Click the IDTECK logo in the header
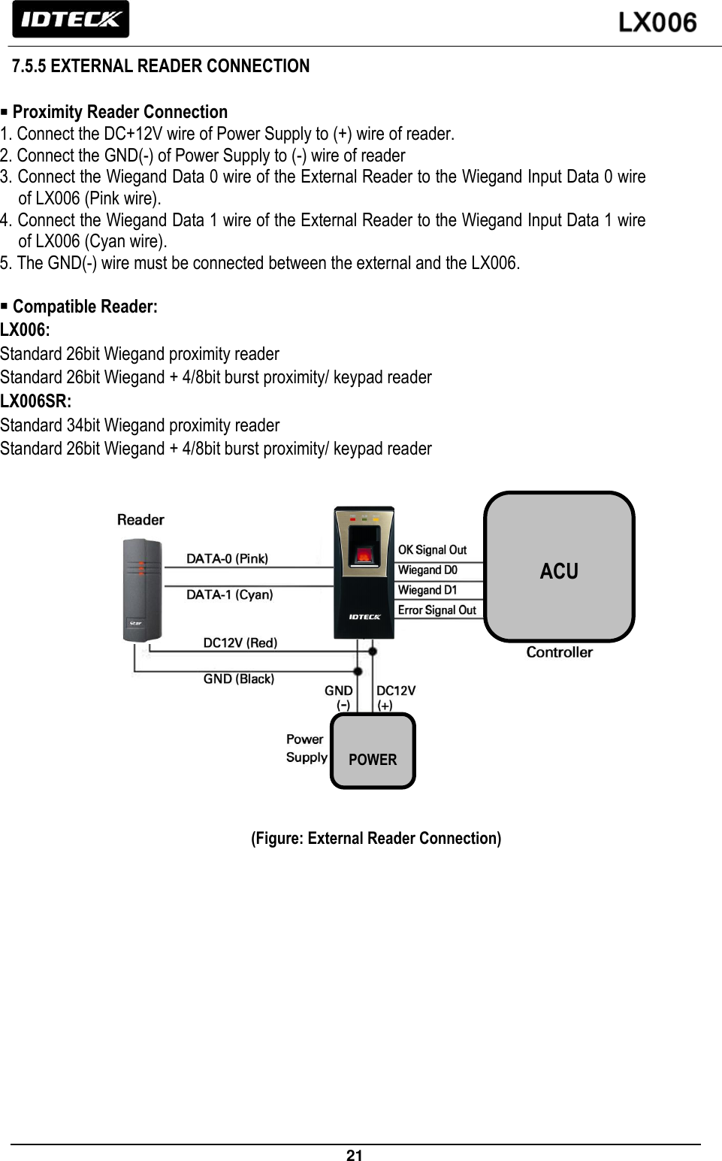pos(71,20)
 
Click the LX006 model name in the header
pos(657,23)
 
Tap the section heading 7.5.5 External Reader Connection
pos(161,66)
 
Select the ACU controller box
pos(559,567)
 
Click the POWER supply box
pos(373,751)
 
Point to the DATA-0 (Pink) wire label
pos(227,558)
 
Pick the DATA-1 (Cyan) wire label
pos(229,594)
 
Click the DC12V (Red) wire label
pos(240,642)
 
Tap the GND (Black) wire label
pos(238,679)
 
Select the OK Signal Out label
pos(432,550)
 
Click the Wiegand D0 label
pos(427,570)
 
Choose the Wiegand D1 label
pos(427,591)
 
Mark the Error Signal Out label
pos(437,610)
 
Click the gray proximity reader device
pos(142,591)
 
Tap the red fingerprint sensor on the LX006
pos(364,555)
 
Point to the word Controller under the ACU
pos(559,652)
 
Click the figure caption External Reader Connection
pos(376,839)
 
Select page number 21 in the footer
pos(355,1156)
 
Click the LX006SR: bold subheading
pos(36,401)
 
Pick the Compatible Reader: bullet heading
pos(84,307)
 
